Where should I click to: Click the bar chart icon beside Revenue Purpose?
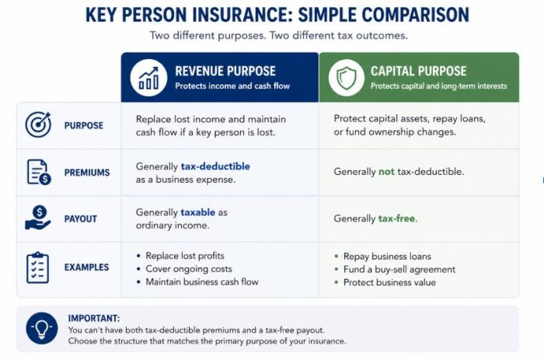coord(148,78)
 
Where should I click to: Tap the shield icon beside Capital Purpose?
coord(347,78)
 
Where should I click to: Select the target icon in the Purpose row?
coord(38,124)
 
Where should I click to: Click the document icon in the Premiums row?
coord(39,172)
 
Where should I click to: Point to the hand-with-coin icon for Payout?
coord(38,218)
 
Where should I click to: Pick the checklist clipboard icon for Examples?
coord(37,267)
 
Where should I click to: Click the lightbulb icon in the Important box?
coord(42,328)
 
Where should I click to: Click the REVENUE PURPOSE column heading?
coord(225,72)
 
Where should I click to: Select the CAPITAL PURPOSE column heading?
coord(418,72)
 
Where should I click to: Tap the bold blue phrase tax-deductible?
coord(215,166)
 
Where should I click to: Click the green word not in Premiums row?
coord(386,172)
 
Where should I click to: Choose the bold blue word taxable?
coord(197,212)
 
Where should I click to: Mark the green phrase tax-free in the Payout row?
coord(396,218)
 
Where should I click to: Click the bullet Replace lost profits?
coord(185,256)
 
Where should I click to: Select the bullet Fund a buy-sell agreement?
coord(399,269)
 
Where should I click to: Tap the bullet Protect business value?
coord(389,282)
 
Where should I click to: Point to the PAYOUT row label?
coord(81,218)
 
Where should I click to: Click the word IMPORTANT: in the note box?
coord(94,318)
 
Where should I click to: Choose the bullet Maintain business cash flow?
coord(202,282)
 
